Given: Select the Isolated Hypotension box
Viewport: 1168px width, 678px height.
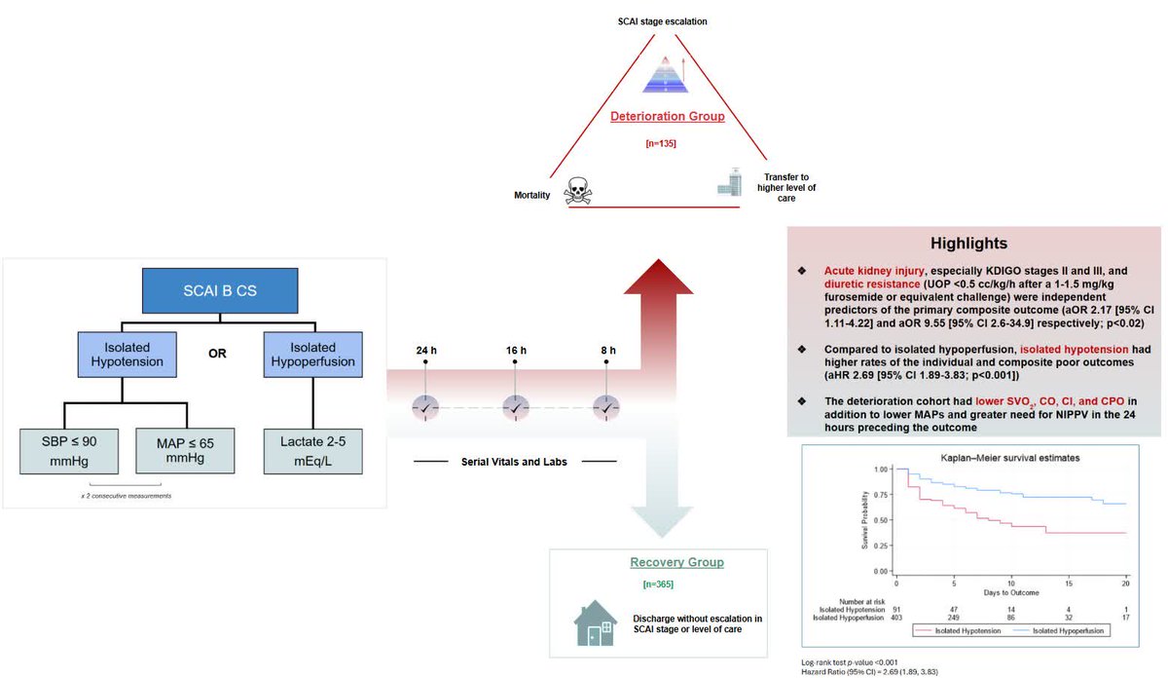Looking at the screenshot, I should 128,356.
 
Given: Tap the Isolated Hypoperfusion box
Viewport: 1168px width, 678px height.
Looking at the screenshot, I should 312,356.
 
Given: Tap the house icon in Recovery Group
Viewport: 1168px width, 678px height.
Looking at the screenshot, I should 596,623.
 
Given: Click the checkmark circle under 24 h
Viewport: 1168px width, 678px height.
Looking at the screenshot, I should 425,408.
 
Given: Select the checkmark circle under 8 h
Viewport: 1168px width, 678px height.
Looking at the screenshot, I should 605,408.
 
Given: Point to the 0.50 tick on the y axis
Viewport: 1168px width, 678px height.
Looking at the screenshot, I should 880,520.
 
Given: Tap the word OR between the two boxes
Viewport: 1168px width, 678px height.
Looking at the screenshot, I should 219,354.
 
